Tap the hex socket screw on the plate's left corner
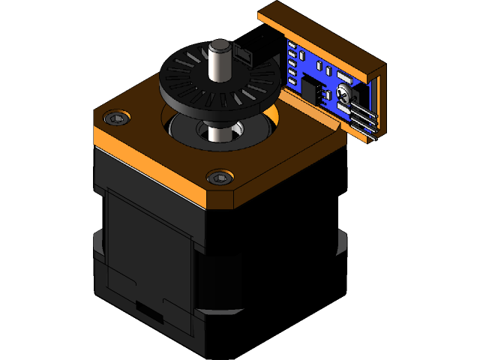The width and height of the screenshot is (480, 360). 116,118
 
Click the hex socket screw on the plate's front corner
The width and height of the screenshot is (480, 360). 219,178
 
